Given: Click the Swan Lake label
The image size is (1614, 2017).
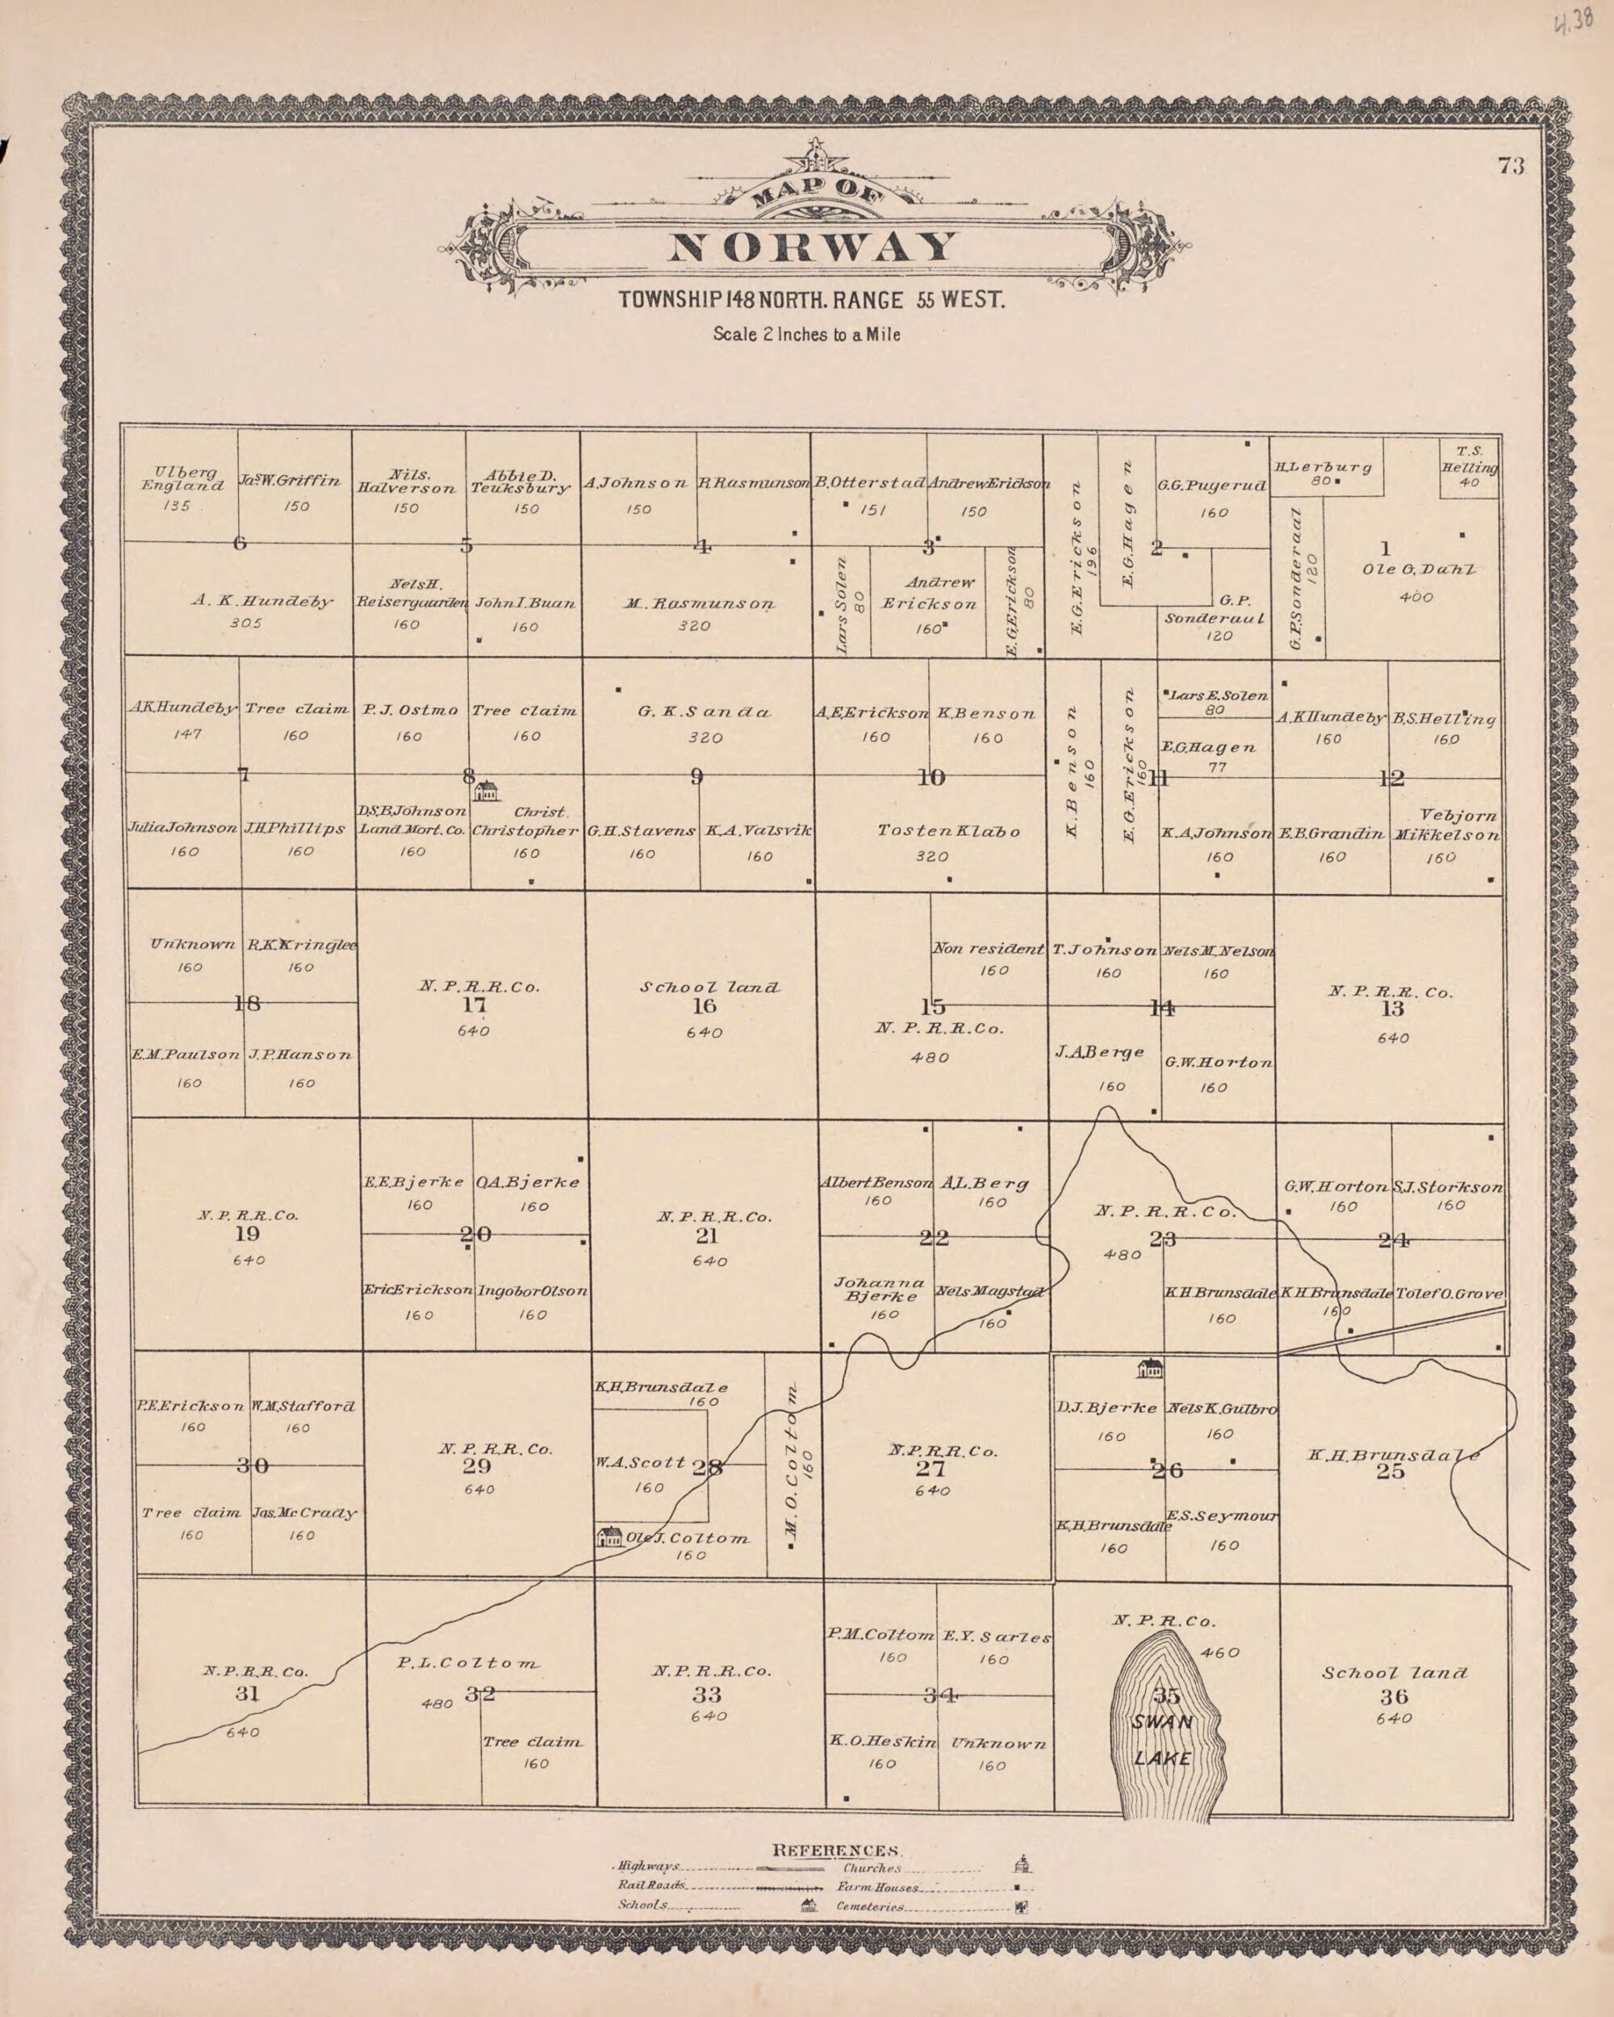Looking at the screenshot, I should [x=1162, y=1739].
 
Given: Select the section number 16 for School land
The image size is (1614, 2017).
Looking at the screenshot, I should [x=704, y=1006].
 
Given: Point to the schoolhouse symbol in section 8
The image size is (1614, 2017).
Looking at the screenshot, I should [x=487, y=791].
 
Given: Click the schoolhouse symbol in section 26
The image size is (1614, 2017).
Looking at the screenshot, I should [x=1149, y=1368].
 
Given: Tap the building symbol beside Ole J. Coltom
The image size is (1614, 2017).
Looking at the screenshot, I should [x=610, y=1536].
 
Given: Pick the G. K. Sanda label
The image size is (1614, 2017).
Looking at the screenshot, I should [x=705, y=712].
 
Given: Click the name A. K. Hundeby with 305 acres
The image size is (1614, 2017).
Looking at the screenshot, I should [x=262, y=602].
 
